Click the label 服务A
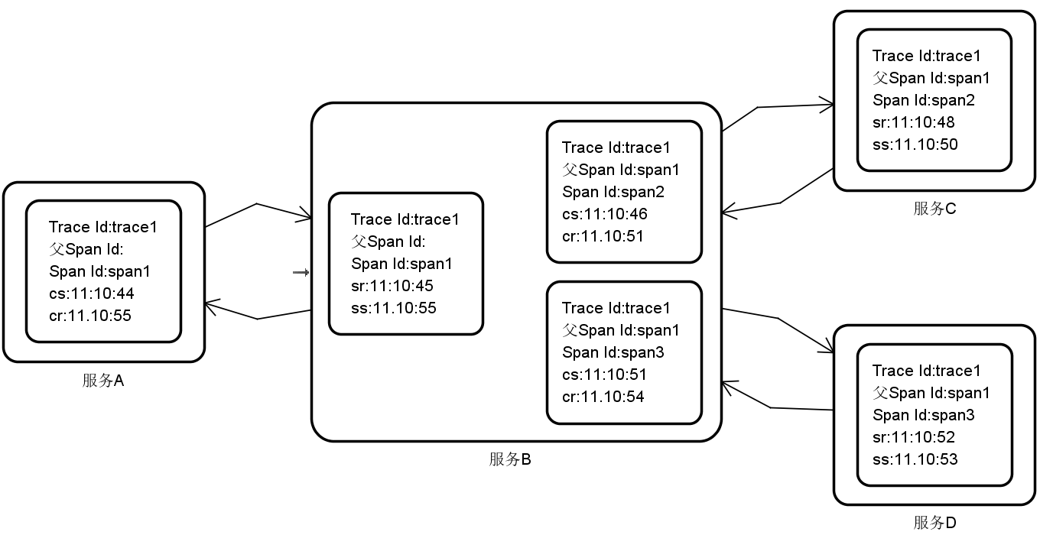103,381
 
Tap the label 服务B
510,459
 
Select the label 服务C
934,209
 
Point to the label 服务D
934,523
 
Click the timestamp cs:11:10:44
92,293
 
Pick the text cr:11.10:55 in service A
89,315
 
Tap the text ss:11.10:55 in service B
394,308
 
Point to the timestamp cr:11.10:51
603,236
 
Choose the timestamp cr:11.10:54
603,397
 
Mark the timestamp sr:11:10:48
914,122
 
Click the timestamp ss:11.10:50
915,144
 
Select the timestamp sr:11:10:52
914,437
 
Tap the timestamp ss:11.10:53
915,459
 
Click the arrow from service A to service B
258,206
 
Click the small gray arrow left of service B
301,272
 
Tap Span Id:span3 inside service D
924,415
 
